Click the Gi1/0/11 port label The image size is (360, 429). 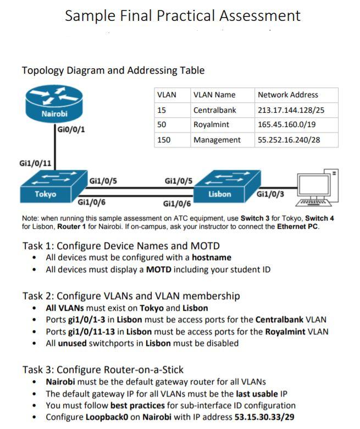tap(36, 163)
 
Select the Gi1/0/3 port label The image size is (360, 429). tap(270, 194)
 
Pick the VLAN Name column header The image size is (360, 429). tap(214, 95)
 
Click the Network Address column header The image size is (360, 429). tap(288, 95)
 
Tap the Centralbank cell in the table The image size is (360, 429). tap(214, 110)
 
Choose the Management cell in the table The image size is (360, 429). tap(217, 140)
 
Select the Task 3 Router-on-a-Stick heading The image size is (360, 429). tap(103, 369)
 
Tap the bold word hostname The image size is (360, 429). tap(212, 257)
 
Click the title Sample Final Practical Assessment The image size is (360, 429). tap(182, 15)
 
